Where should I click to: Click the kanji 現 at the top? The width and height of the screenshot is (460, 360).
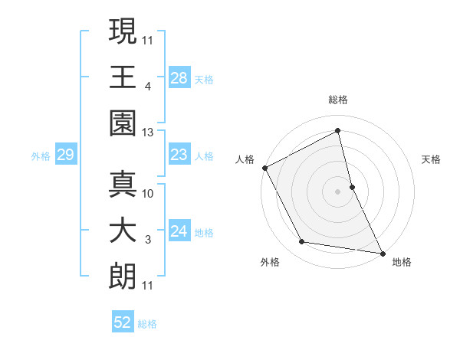(123, 32)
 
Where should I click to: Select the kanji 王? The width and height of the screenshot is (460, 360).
(123, 77)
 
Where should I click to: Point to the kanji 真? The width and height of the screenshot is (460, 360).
(123, 185)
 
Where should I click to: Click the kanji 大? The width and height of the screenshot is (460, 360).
(123, 230)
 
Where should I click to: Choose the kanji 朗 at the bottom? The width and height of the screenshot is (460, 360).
(123, 274)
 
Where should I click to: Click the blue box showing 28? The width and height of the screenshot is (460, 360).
(179, 77)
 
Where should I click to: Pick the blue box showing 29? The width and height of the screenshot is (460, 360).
(65, 155)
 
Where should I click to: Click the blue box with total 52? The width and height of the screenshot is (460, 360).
(123, 322)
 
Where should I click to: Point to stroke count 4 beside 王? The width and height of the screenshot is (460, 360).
(147, 87)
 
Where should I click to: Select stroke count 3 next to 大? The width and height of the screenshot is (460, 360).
(147, 241)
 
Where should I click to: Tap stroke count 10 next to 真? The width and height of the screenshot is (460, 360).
(148, 195)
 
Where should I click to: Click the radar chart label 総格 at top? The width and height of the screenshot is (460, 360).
(337, 100)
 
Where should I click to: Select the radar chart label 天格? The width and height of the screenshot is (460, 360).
(431, 159)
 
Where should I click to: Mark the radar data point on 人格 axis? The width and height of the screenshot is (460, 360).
(264, 168)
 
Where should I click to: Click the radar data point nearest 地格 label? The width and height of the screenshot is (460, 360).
(381, 252)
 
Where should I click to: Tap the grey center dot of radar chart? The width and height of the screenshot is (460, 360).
(337, 191)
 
